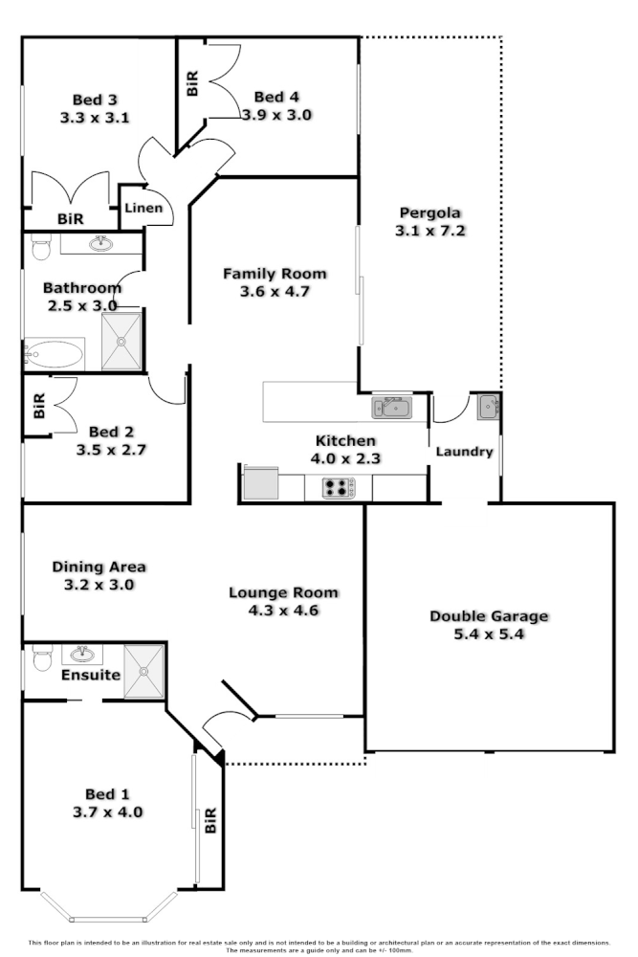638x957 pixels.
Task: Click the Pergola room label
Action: click(430, 212)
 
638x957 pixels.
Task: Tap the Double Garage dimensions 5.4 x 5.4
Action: click(488, 634)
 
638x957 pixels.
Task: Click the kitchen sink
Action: click(391, 408)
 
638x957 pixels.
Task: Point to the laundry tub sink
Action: click(489, 406)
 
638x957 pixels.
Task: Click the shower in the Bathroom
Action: click(121, 340)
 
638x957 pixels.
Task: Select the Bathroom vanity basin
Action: click(100, 244)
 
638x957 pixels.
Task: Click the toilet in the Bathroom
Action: click(40, 247)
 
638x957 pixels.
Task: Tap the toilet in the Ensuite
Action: click(41, 660)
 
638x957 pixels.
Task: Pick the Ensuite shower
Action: click(145, 671)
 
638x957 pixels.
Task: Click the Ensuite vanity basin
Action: click(83, 655)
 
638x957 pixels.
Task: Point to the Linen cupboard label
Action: click(143, 208)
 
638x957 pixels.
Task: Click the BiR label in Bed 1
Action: click(210, 820)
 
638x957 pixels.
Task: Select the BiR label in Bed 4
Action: click(192, 83)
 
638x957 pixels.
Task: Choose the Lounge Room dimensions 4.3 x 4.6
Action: click(283, 610)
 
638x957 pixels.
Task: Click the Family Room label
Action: click(275, 274)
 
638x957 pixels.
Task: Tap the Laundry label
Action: click(465, 452)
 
